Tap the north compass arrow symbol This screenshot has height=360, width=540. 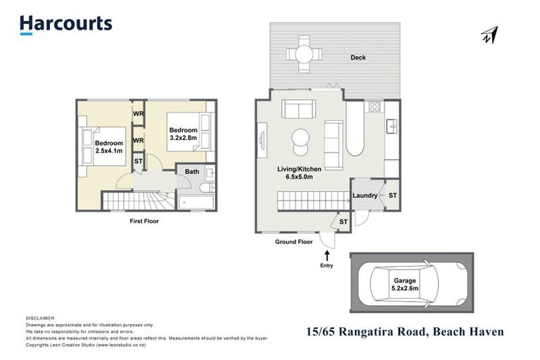coord(489,35)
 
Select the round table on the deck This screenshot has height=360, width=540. coord(304,53)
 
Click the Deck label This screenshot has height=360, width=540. coord(359,58)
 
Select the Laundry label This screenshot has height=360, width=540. coord(365,195)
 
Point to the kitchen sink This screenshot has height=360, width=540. coord(392,127)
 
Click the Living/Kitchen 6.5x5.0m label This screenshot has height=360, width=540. coord(300,173)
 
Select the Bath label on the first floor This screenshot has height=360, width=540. coord(191,172)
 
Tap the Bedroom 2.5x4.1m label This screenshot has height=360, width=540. coord(109,147)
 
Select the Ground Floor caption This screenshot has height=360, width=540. coord(293,242)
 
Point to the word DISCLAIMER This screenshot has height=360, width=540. coord(40,318)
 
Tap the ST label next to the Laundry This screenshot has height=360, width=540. coord(392,195)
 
